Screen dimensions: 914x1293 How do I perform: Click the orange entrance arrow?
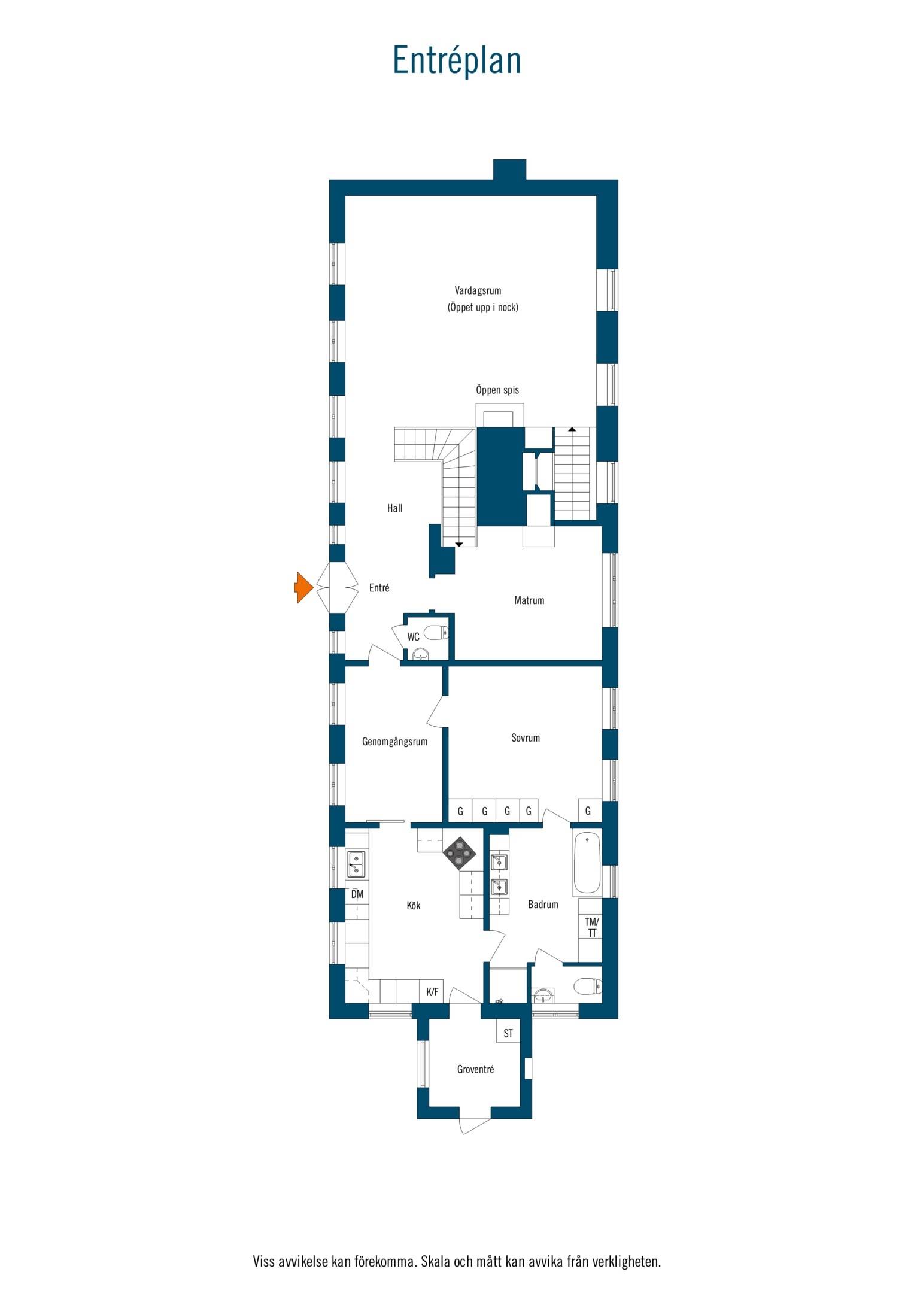coord(303,587)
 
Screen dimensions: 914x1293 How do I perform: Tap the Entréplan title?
coord(457,61)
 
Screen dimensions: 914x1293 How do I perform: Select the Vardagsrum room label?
coord(478,290)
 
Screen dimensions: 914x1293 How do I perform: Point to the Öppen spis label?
coord(497,390)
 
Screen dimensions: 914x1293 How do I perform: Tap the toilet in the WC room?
coord(436,632)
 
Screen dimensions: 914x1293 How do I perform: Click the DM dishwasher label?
coord(357,894)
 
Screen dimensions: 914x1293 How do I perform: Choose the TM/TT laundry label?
coord(591,928)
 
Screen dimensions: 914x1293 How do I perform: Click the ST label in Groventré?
coord(508,1033)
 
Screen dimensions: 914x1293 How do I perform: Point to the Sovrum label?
coord(526,738)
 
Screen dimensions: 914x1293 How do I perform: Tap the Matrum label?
coord(529,600)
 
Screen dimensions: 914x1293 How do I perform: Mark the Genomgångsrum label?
coord(395,742)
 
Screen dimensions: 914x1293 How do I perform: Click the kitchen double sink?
coord(357,864)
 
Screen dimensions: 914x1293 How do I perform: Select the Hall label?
coord(394,508)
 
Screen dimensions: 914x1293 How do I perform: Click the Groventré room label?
coord(475,1069)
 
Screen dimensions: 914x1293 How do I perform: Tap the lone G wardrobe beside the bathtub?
coord(588,811)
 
